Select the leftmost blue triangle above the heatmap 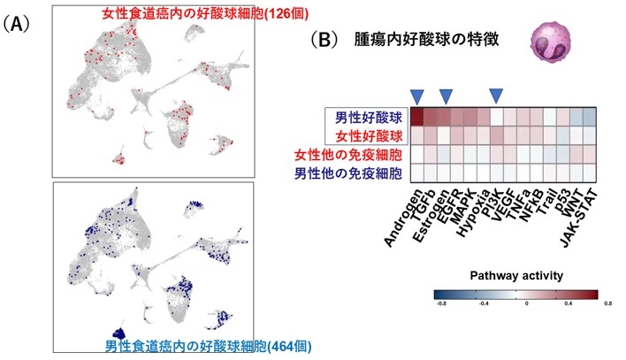pyautogui.click(x=416, y=94)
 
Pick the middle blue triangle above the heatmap pyautogui.click(x=447, y=94)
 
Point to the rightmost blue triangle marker pyautogui.click(x=496, y=94)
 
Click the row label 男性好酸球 pyautogui.click(x=365, y=117)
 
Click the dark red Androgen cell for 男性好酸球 pyautogui.click(x=416, y=117)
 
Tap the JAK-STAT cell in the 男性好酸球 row pyautogui.click(x=589, y=117)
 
